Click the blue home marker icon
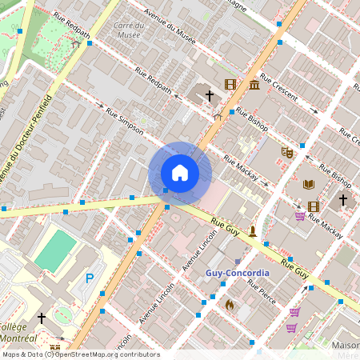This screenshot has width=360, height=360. click(x=180, y=173)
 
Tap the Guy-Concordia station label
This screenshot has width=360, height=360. click(x=238, y=273)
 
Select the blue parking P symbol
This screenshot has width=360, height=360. click(x=90, y=278)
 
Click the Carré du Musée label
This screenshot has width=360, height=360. click(x=128, y=30)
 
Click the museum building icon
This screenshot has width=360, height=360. click(x=254, y=85)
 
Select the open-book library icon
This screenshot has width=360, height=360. click(x=309, y=184)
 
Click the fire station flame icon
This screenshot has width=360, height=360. click(x=230, y=304)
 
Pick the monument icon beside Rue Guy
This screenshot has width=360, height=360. click(x=253, y=232)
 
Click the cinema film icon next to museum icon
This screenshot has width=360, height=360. click(x=230, y=84)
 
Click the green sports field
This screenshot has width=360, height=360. click(x=56, y=250)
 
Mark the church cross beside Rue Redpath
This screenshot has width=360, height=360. click(x=210, y=95)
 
